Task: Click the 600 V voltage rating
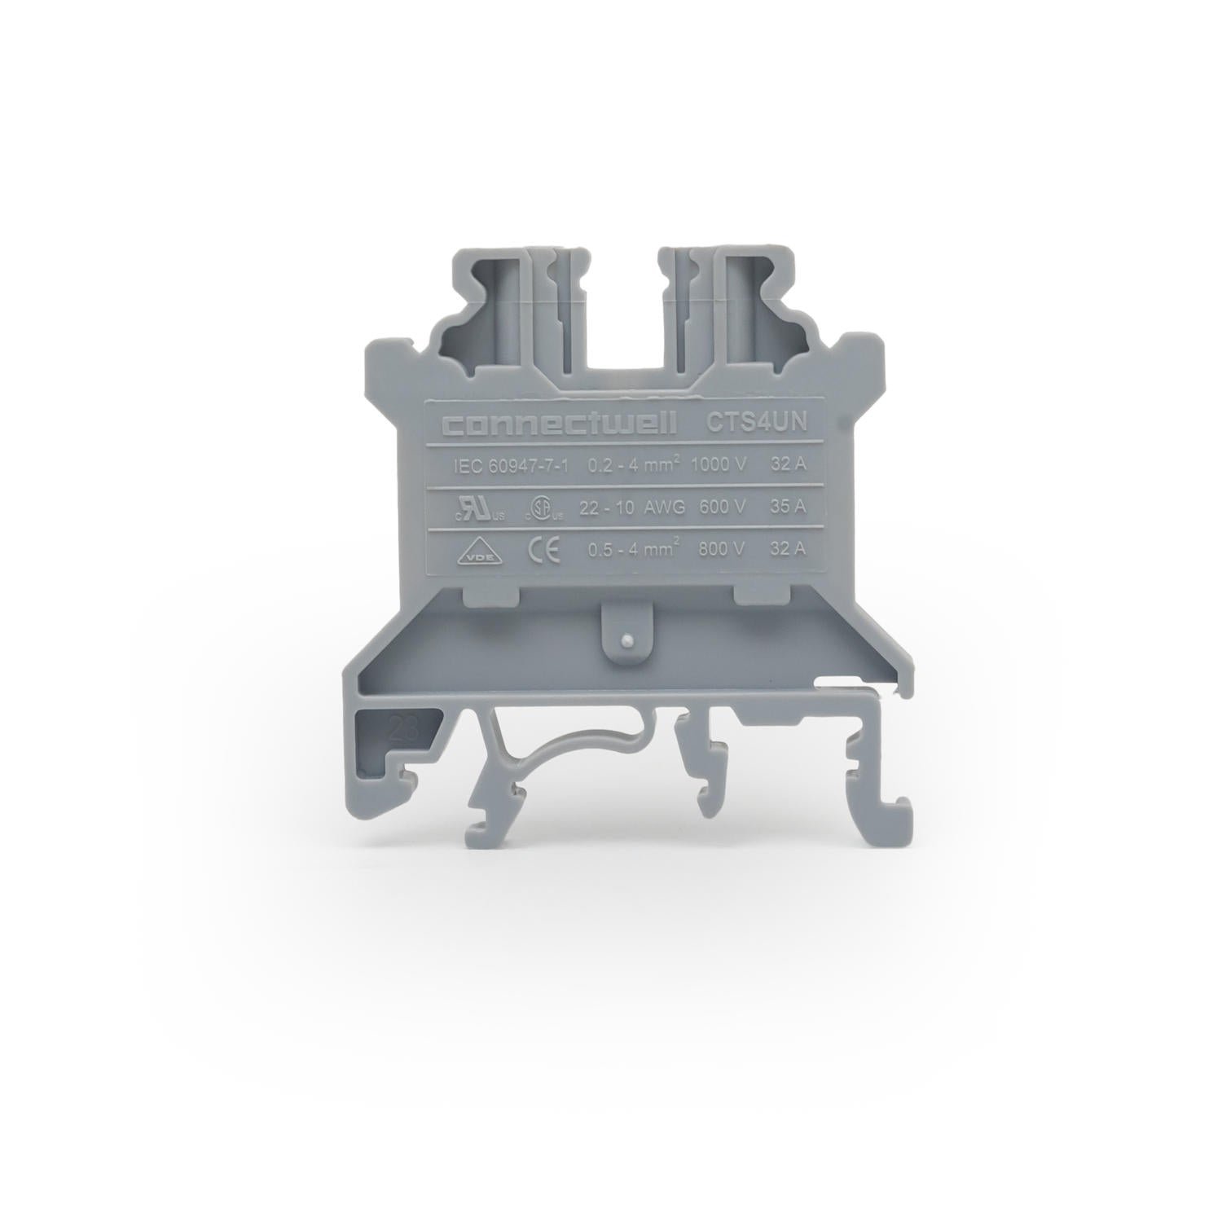[x=722, y=507]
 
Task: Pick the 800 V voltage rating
[x=721, y=549]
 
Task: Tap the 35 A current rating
[x=787, y=507]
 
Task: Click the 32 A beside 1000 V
[x=787, y=465]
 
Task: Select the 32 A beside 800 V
[x=787, y=549]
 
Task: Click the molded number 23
[x=405, y=727]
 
